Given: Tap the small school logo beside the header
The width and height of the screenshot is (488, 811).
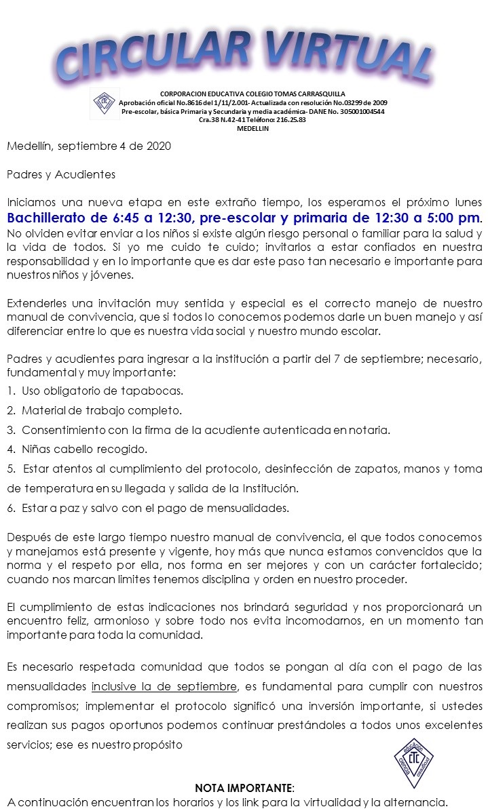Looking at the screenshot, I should point(105,103).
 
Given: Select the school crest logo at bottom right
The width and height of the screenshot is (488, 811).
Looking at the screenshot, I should point(414,762).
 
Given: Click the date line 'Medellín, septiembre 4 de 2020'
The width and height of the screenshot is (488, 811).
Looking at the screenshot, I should point(89,146).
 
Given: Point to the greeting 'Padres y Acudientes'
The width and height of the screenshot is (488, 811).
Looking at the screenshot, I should point(61,174).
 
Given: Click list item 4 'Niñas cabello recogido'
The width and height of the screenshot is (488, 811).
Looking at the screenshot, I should point(84,449).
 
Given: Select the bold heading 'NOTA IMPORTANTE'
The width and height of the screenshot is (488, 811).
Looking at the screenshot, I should point(244,788).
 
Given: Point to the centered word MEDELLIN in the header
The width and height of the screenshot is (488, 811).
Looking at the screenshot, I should point(252,128).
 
